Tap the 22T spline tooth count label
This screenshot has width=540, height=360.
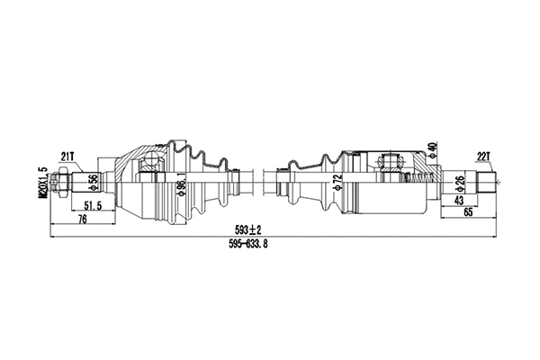[484, 156]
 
